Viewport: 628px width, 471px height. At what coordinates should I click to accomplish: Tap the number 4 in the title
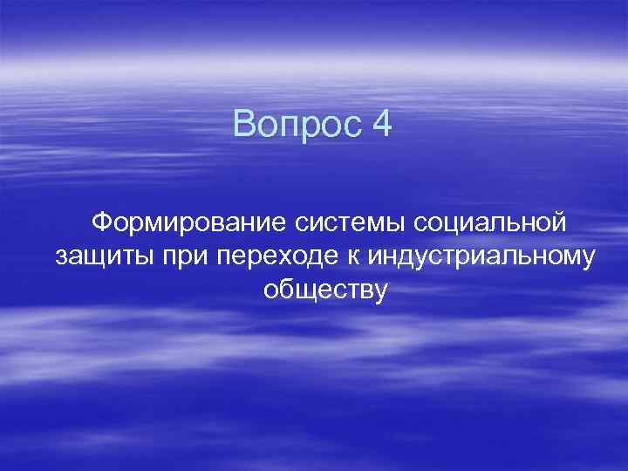coord(382,125)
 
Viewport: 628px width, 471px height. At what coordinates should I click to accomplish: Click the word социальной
coord(490,223)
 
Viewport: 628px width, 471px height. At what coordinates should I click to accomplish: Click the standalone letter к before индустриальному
coord(356,257)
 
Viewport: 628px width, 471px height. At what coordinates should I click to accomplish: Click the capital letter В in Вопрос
coord(243,125)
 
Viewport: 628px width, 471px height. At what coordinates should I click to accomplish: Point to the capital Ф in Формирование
coord(103,223)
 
